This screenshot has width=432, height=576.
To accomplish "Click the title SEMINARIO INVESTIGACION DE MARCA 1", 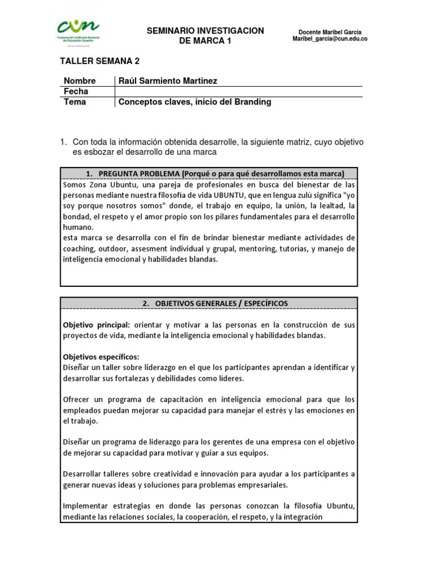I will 205,35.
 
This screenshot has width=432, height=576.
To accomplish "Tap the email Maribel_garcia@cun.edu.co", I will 330,39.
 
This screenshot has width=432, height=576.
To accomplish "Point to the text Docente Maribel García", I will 330,31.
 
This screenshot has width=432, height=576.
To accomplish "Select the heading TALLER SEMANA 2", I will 100,61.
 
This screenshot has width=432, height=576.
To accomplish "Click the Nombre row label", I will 80,81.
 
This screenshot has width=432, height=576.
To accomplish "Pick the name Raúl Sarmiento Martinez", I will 168,81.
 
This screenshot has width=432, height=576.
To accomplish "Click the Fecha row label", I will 76,91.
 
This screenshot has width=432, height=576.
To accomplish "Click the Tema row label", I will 75,102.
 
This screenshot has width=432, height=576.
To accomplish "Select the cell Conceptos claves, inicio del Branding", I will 195,102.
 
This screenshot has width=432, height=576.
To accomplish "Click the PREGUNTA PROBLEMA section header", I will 208,173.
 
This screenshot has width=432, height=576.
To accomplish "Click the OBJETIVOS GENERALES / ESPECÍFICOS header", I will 208,303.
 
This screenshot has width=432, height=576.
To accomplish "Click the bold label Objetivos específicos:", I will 101,357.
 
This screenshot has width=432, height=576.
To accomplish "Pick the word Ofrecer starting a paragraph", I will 78,399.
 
